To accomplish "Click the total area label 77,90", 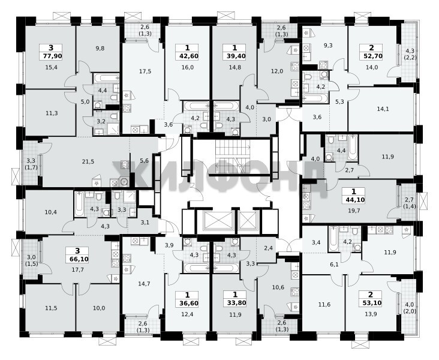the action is (50, 56).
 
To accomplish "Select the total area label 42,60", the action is (187, 56).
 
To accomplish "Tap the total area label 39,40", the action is (234, 56).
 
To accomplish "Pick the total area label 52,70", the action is (371, 56).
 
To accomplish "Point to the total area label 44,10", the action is (354, 200).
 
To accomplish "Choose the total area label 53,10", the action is (371, 303).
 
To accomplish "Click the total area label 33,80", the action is (235, 303).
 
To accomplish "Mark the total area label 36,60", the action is (187, 303).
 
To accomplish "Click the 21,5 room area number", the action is (88, 161).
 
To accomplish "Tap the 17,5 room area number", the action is (145, 71).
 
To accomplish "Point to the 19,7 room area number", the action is (354, 211).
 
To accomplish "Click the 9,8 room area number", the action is (100, 48).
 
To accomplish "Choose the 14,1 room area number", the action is (383, 109).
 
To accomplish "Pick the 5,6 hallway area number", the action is (144, 161).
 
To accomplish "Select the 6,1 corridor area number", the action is (334, 264).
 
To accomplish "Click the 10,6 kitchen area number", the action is (278, 287).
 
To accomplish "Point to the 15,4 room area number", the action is (51, 67).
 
